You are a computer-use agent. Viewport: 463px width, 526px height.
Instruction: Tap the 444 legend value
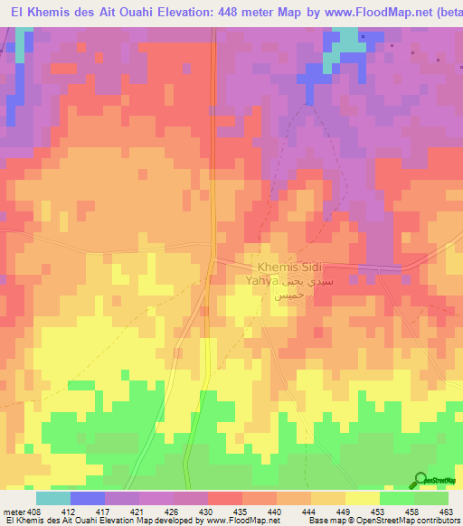pos(312,512)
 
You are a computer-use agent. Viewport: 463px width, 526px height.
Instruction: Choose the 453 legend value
pos(381,512)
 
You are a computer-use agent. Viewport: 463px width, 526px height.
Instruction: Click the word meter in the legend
pos(14,512)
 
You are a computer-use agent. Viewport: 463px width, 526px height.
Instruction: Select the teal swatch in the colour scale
pos(53,498)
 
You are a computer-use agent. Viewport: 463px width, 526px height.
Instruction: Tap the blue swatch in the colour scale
pos(88,498)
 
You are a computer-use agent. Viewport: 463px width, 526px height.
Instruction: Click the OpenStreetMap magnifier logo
pos(420,480)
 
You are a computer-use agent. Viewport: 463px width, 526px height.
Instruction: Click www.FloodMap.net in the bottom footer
pos(238,521)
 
